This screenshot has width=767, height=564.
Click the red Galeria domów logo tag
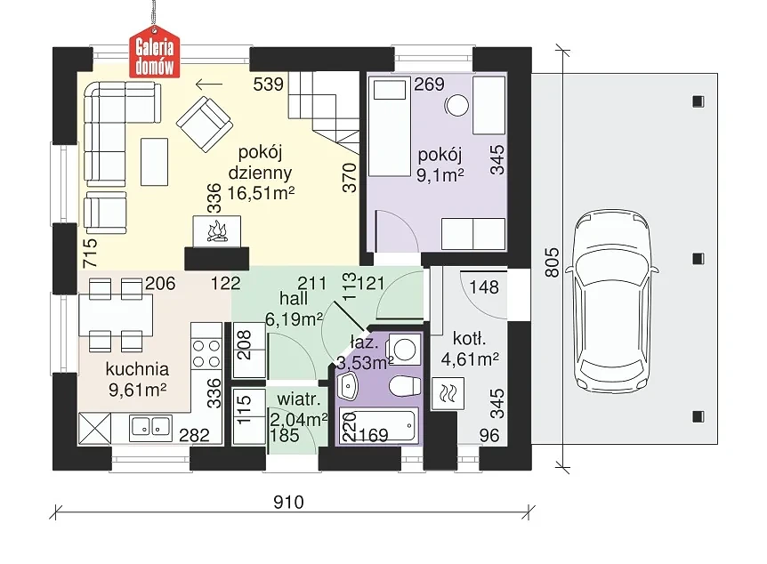click(154, 56)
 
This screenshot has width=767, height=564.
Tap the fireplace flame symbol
click(217, 232)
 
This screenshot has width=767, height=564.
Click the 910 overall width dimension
click(288, 503)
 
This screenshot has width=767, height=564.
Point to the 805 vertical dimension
click(552, 262)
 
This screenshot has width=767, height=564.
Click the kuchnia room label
click(137, 369)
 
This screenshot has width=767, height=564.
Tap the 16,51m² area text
click(261, 193)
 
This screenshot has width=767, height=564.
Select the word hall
click(294, 298)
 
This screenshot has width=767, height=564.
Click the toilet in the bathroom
click(406, 386)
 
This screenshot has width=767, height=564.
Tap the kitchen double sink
click(150, 427)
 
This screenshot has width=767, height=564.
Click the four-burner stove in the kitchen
click(206, 354)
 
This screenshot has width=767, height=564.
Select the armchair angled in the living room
click(204, 124)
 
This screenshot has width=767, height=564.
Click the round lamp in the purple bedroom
click(456, 105)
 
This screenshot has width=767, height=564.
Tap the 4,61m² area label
click(470, 359)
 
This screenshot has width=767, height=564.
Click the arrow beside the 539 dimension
click(209, 85)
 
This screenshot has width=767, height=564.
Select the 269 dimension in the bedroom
click(430, 85)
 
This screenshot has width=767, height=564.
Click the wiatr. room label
click(299, 399)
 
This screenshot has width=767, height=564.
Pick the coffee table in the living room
click(155, 161)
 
